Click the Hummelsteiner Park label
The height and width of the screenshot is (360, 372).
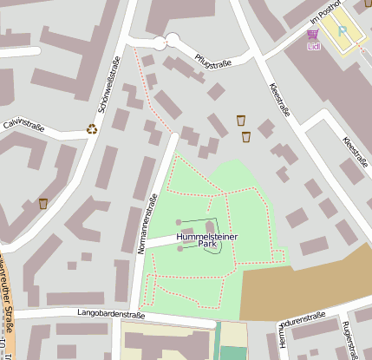tap(206, 240)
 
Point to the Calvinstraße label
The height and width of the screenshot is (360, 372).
tap(25, 122)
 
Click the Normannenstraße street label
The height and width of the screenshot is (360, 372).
tap(146, 222)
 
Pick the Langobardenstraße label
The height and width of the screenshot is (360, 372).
tap(110, 313)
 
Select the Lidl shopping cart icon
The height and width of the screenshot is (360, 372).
tap(312, 35)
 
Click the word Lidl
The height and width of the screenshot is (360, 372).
tap(312, 46)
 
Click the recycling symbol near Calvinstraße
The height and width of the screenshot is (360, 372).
tap(92, 130)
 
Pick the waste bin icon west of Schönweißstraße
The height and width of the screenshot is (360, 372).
tap(43, 204)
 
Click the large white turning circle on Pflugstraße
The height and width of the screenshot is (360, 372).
tap(172, 40)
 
